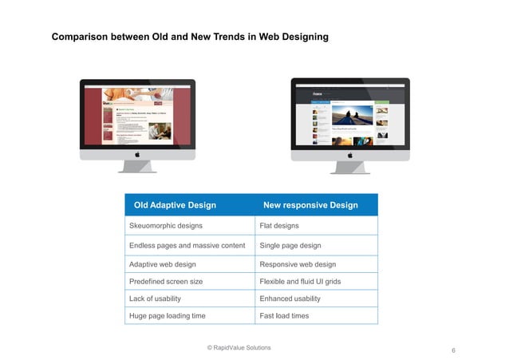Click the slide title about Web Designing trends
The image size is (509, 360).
(x=190, y=38)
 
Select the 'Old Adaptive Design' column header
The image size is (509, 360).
(x=175, y=205)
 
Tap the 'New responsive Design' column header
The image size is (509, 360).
(x=310, y=205)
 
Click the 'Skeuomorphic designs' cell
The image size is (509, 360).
(x=166, y=226)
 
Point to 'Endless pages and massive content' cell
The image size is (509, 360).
(x=187, y=245)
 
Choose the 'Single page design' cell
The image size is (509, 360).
(x=290, y=245)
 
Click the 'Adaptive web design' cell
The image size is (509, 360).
(x=163, y=264)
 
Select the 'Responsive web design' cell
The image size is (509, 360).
(x=298, y=264)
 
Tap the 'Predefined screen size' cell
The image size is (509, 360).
(x=166, y=281)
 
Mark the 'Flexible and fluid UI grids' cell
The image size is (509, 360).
(x=300, y=281)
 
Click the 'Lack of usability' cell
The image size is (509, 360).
(x=155, y=299)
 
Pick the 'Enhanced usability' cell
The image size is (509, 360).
(x=290, y=299)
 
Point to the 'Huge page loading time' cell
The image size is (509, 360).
(x=168, y=316)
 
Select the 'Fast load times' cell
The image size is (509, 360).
(x=284, y=316)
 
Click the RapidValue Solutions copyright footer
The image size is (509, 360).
(x=239, y=347)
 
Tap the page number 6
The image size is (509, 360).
(x=453, y=351)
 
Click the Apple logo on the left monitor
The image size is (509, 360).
(x=137, y=153)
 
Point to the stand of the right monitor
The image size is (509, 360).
(x=350, y=168)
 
